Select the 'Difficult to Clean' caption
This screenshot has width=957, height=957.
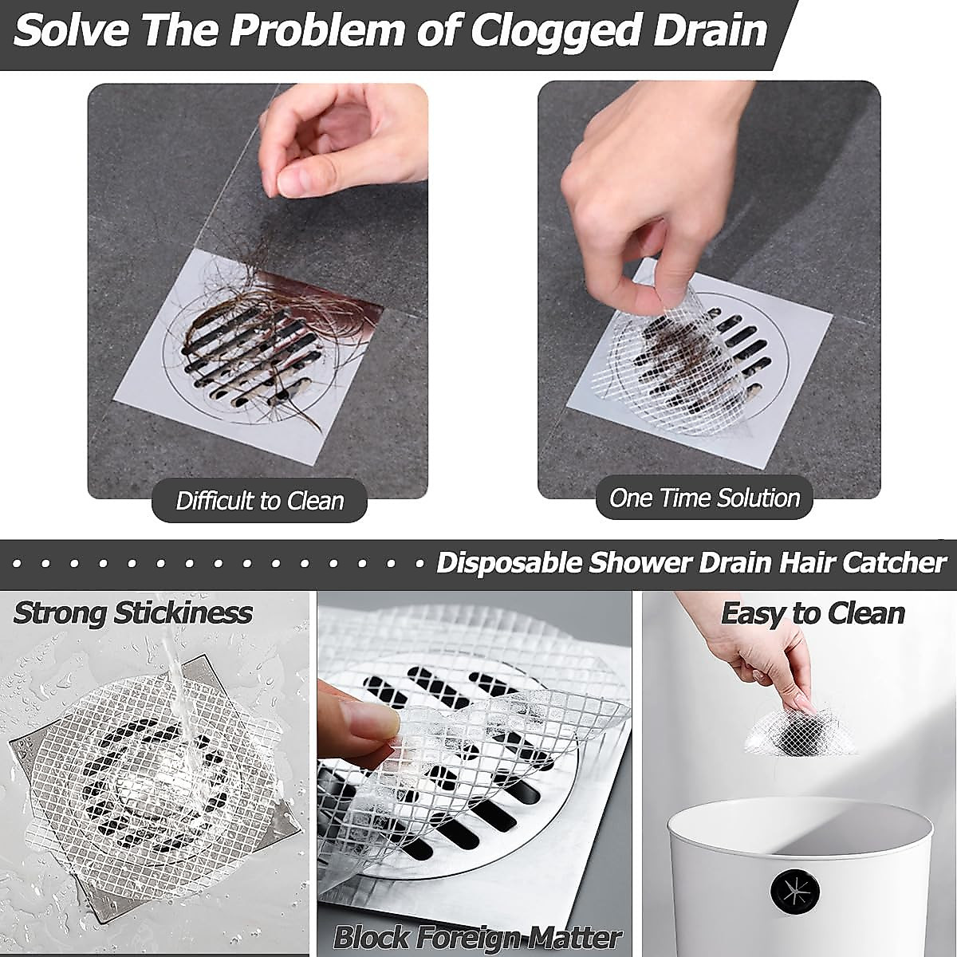point(259,501)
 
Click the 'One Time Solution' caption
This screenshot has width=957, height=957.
point(704,498)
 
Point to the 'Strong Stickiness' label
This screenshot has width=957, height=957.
point(132,612)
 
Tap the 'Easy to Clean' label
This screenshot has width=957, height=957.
point(813,612)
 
